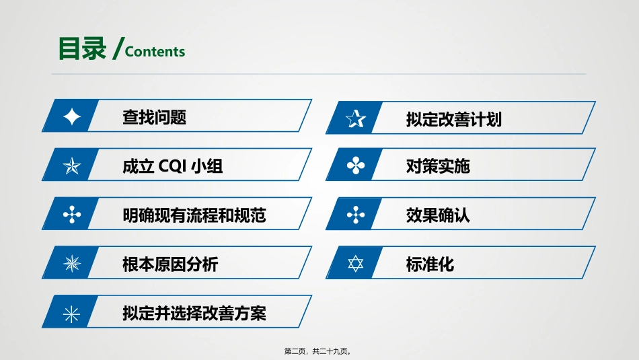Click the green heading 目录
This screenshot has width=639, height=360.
[82, 49]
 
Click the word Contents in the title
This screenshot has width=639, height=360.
[155, 52]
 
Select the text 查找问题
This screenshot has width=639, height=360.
[154, 117]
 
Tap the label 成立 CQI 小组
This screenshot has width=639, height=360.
[172, 166]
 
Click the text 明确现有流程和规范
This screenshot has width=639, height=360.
[194, 215]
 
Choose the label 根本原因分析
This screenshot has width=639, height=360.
[170, 264]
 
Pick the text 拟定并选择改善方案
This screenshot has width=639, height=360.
[194, 314]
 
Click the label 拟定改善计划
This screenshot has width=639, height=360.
[453, 120]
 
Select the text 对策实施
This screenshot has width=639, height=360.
[438, 166]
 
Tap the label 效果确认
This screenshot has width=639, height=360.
[438, 215]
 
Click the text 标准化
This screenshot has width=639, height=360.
[430, 264]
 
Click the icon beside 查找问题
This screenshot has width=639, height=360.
[71, 117]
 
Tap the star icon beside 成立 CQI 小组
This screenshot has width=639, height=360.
[71, 166]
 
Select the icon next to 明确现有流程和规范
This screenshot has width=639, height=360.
[71, 215]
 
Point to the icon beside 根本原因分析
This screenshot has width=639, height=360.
[71, 264]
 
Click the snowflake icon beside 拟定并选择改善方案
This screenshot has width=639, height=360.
[71, 313]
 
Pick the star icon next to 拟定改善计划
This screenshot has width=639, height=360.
[355, 120]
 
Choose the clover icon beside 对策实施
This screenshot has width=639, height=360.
[355, 166]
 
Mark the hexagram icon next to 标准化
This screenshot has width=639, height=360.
[355, 264]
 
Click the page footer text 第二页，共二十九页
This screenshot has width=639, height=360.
[319, 351]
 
